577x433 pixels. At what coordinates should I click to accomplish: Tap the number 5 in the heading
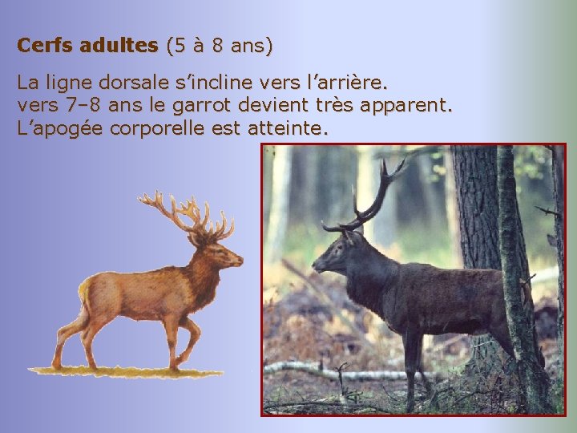point(176,46)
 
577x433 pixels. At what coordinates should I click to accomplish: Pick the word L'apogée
point(57,127)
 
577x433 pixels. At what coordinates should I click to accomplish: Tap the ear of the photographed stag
point(353,237)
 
